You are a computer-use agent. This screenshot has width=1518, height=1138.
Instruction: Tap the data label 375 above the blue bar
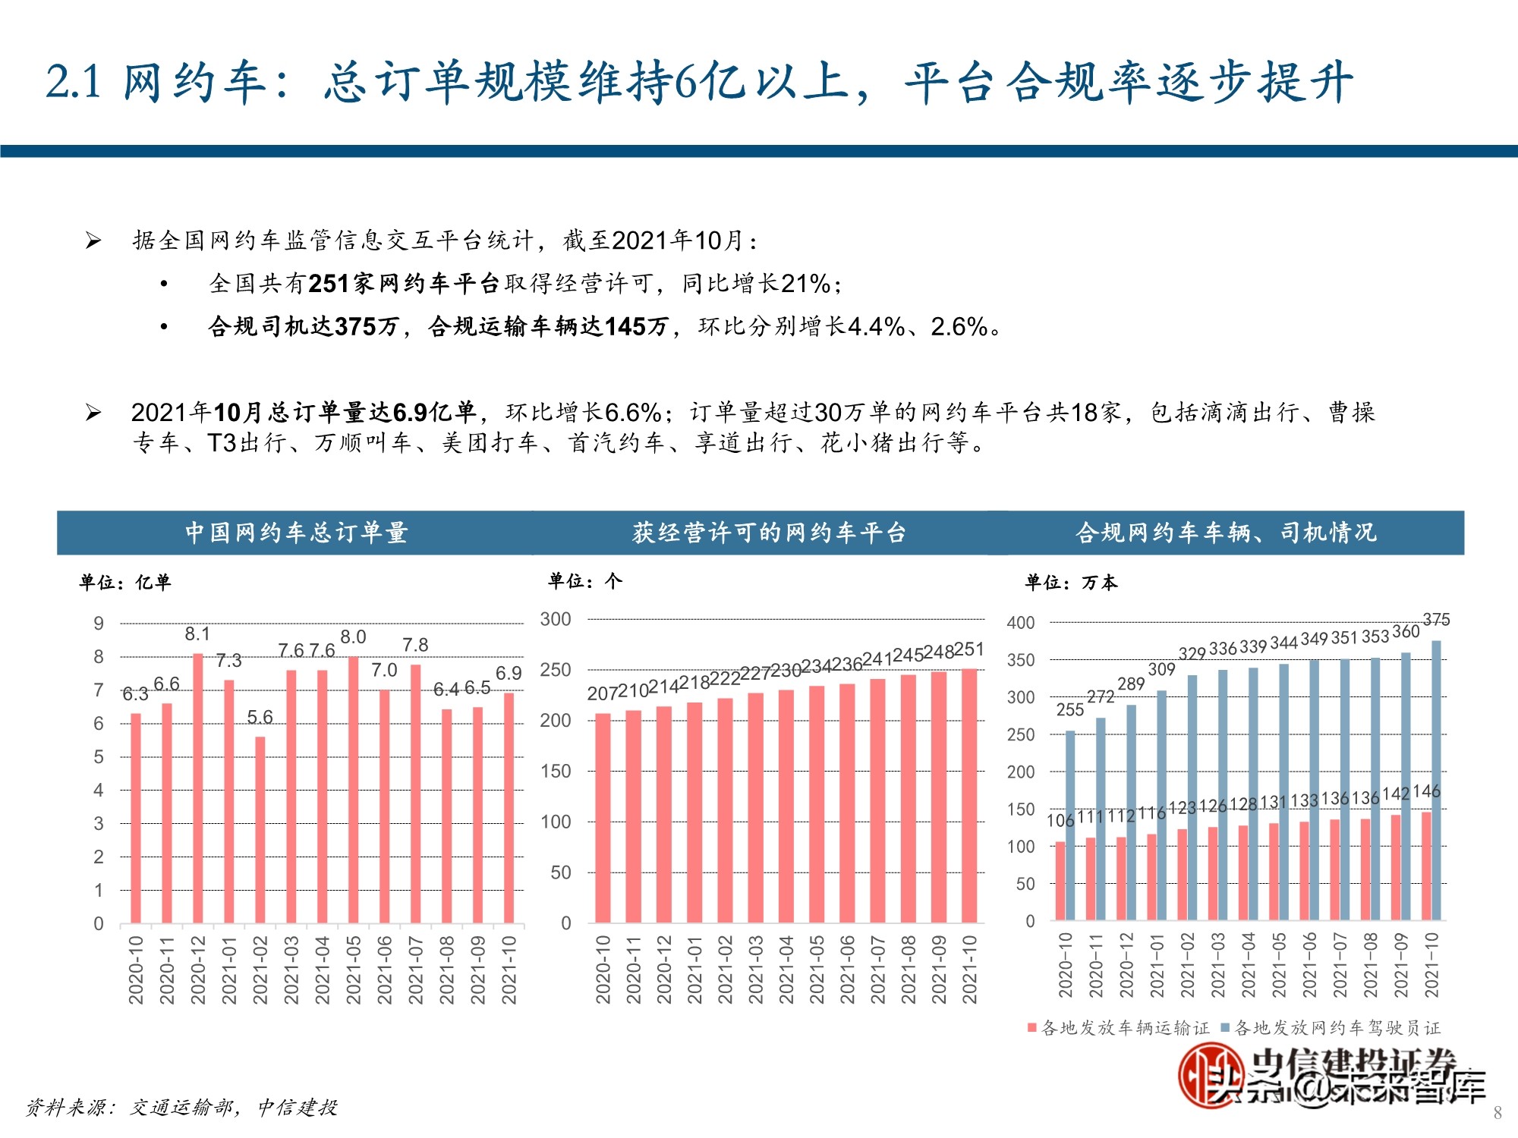[1436, 620]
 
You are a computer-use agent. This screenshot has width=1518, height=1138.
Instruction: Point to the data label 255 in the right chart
[1070, 709]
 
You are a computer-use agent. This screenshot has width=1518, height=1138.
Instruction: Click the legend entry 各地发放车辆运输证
[1119, 1028]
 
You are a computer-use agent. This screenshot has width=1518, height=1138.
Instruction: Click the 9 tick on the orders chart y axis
[99, 624]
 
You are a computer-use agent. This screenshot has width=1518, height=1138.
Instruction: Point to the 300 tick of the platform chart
[556, 619]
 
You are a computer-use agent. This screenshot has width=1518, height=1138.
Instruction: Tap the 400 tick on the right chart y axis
[1021, 623]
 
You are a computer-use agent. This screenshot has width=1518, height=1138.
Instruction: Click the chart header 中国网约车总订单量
[296, 533]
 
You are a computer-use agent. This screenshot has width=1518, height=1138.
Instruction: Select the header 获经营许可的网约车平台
[769, 533]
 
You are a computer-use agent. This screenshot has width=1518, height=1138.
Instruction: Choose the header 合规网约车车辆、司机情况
[1226, 533]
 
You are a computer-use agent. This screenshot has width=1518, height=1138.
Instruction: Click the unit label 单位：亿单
[125, 582]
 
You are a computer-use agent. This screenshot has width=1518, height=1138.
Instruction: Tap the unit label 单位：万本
[1071, 582]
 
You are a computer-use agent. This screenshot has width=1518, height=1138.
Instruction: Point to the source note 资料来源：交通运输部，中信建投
[181, 1108]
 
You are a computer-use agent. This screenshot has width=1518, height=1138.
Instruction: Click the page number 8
[1497, 1113]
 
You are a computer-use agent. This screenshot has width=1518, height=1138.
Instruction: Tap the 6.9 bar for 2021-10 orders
[509, 807]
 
